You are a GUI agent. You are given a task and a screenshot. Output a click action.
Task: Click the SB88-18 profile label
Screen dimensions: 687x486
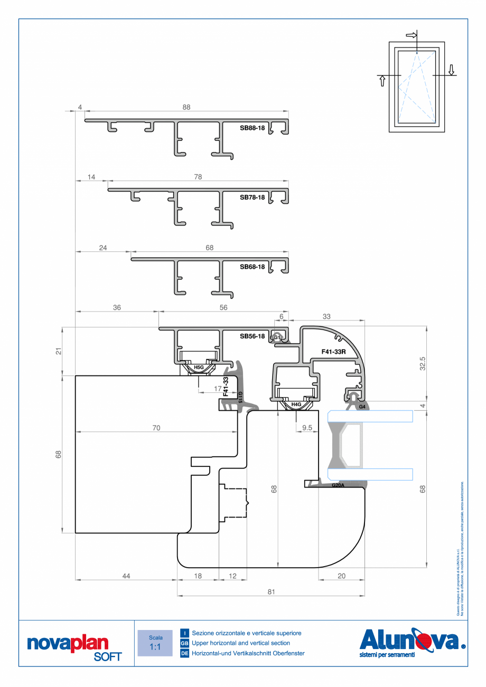252,128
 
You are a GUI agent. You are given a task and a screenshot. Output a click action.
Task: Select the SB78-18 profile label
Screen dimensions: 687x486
252,197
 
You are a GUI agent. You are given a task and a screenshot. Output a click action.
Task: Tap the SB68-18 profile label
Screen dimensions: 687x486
252,267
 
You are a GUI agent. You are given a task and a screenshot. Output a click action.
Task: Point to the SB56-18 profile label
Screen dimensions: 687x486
252,336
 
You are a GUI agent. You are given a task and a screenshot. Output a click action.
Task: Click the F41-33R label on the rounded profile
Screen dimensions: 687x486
334,351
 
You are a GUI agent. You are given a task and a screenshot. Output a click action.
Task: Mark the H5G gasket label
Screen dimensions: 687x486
199,366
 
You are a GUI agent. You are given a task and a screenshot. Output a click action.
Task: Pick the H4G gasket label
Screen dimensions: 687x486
296,405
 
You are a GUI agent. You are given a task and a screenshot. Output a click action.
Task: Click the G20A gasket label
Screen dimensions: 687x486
338,485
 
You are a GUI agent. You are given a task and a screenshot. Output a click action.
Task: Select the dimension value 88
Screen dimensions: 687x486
186,107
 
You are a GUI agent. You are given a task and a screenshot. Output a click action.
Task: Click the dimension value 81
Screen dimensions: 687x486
271,592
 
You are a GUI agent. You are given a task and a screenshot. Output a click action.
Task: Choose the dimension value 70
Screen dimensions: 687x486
156,428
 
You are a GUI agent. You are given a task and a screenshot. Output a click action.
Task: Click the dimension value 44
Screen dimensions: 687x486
126,576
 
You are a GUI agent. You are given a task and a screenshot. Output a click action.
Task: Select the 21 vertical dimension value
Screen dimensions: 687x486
59,352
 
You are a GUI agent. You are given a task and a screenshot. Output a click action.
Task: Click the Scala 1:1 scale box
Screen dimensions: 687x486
155,643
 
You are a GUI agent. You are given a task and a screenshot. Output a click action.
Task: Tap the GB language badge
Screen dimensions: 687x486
184,643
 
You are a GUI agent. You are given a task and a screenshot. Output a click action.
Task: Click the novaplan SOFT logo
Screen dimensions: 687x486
74,647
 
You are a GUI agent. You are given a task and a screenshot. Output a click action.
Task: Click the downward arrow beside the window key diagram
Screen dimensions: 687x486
451,69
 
